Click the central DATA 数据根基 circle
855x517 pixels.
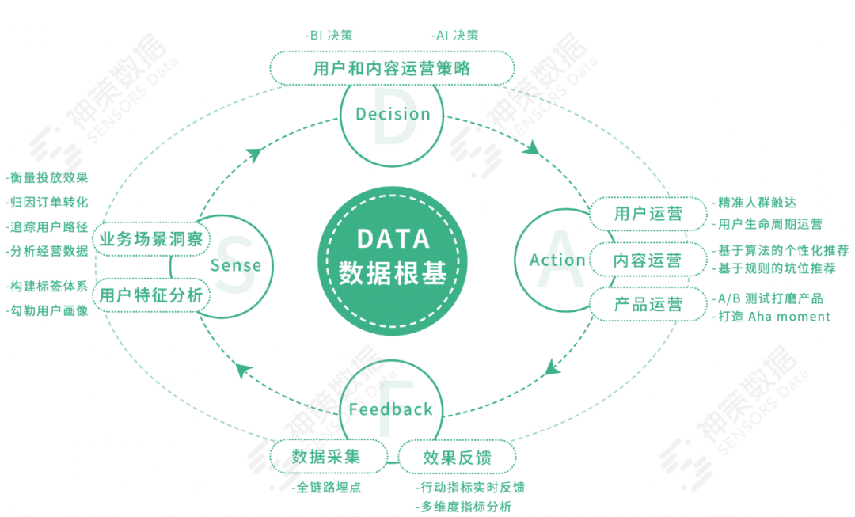point(393,257)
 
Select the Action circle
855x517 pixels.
point(557,260)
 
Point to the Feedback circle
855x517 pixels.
point(391,409)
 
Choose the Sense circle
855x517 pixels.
point(236,265)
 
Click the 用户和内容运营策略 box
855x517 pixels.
point(392,68)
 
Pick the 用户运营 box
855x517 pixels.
point(648,214)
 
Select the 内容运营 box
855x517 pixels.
point(648,260)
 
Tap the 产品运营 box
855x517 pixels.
point(648,305)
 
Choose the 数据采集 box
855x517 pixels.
point(326,457)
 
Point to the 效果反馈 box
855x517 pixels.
point(457,458)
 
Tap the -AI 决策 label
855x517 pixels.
point(455,36)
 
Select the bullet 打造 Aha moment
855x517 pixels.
point(773,317)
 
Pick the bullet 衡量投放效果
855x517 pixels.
point(47,178)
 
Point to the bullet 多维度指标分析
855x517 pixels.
point(465,507)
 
